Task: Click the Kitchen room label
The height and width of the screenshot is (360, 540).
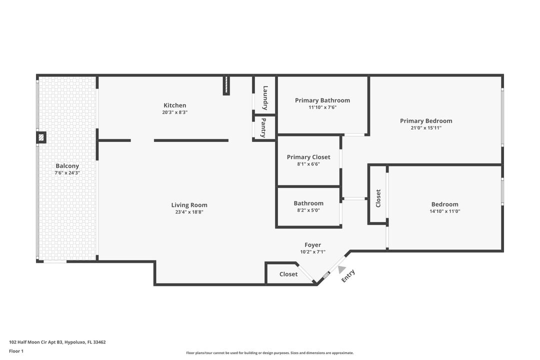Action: pyautogui.click(x=174, y=105)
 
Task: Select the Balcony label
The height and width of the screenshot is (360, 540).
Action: pyautogui.click(x=67, y=166)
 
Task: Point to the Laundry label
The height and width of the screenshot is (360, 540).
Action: pyautogui.click(x=265, y=97)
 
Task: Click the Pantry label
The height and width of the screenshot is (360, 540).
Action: pyautogui.click(x=263, y=127)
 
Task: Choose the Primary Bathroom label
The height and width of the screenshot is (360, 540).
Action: pyautogui.click(x=322, y=100)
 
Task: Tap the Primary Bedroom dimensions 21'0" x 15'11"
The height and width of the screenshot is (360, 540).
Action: pyautogui.click(x=426, y=128)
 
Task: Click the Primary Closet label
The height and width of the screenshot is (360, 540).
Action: pyautogui.click(x=308, y=157)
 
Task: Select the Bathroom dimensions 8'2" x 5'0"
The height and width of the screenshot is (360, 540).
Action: pyautogui.click(x=308, y=210)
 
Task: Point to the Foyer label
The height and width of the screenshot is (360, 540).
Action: pyautogui.click(x=312, y=245)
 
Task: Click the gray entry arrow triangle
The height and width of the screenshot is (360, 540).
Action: pyautogui.click(x=341, y=269)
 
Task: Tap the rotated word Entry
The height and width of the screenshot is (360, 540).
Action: pyautogui.click(x=348, y=276)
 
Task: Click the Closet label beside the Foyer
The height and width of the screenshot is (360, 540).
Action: pyautogui.click(x=288, y=274)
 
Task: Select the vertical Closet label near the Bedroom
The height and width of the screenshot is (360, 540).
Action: pyautogui.click(x=378, y=198)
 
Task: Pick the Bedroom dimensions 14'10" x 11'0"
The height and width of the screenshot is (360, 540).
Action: pyautogui.click(x=444, y=211)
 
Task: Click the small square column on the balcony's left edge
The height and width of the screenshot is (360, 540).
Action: pyautogui.click(x=41, y=137)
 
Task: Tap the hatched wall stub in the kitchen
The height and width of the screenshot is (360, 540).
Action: pyautogui.click(x=226, y=85)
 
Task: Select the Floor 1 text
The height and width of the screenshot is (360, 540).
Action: pyautogui.click(x=16, y=351)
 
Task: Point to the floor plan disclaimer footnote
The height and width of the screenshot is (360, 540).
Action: pyautogui.click(x=269, y=353)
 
